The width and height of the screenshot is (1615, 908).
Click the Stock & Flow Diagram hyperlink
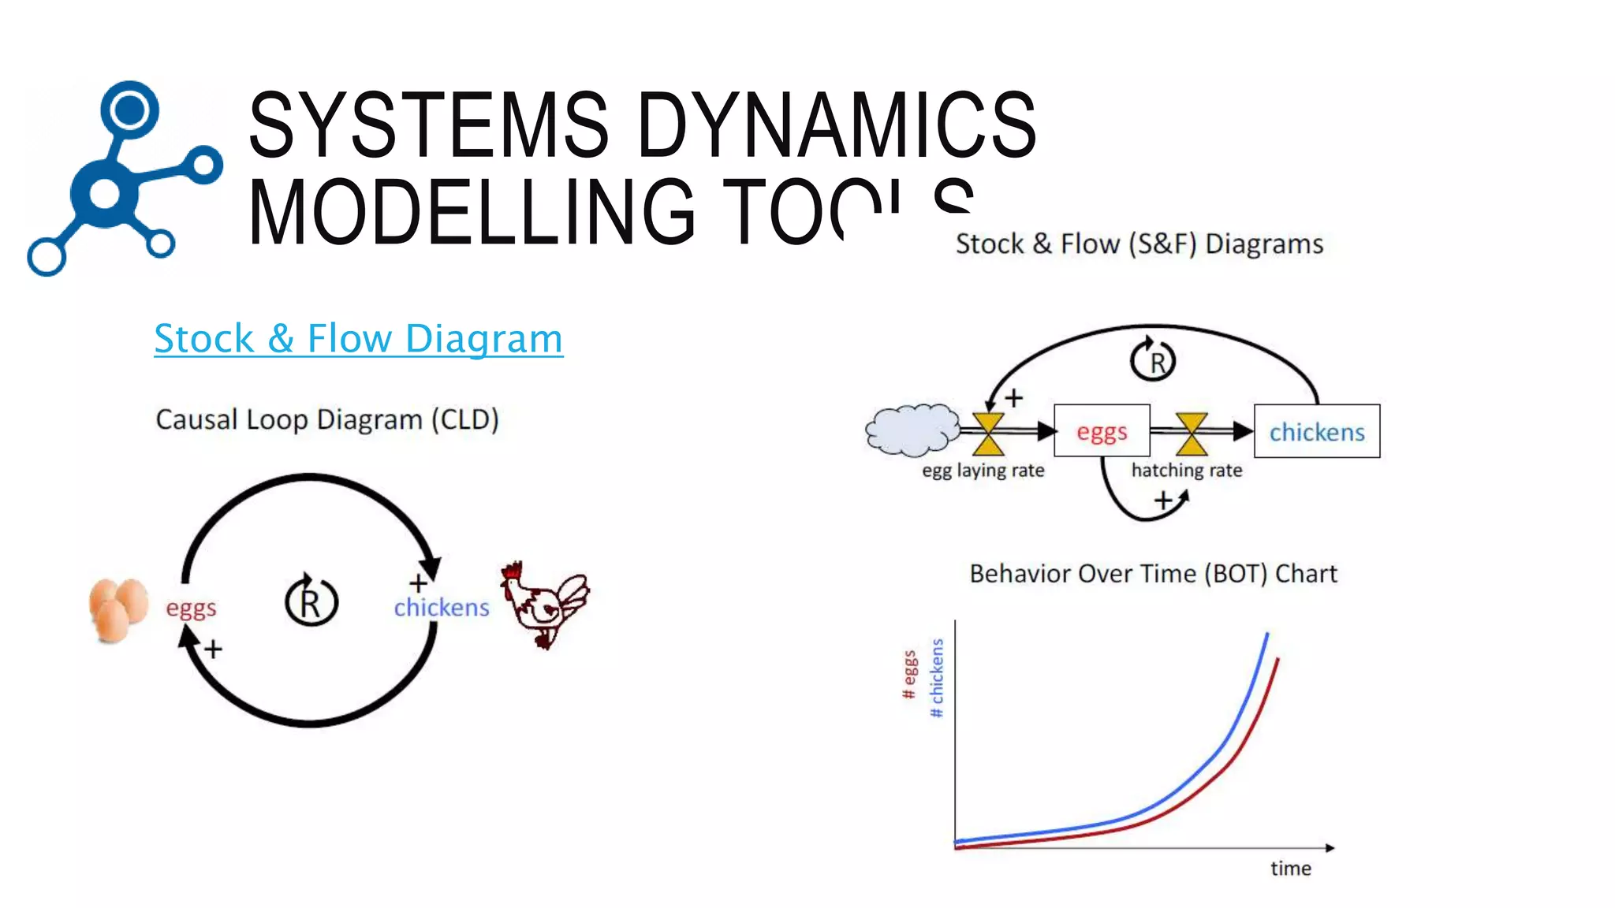[358, 339]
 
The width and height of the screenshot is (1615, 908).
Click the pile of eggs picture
[117, 609]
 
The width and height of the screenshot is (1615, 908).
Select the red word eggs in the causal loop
[191, 608]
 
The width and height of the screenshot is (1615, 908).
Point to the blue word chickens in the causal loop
[442, 608]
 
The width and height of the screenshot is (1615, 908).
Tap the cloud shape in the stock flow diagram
[912, 430]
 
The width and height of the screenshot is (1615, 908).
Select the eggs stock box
[1102, 431]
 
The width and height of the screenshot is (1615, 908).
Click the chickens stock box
[1316, 431]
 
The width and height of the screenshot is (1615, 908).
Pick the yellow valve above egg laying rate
[988, 434]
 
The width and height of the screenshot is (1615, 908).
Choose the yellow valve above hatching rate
[1192, 434]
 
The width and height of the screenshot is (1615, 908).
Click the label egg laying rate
[983, 471]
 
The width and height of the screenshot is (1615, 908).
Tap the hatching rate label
[1186, 471]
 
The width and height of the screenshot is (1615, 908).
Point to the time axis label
[1290, 869]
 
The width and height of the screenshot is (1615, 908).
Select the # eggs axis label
[909, 675]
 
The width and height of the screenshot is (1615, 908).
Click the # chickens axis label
[937, 678]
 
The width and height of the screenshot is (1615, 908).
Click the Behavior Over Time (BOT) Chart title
[1153, 574]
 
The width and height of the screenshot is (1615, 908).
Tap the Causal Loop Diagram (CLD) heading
[327, 419]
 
